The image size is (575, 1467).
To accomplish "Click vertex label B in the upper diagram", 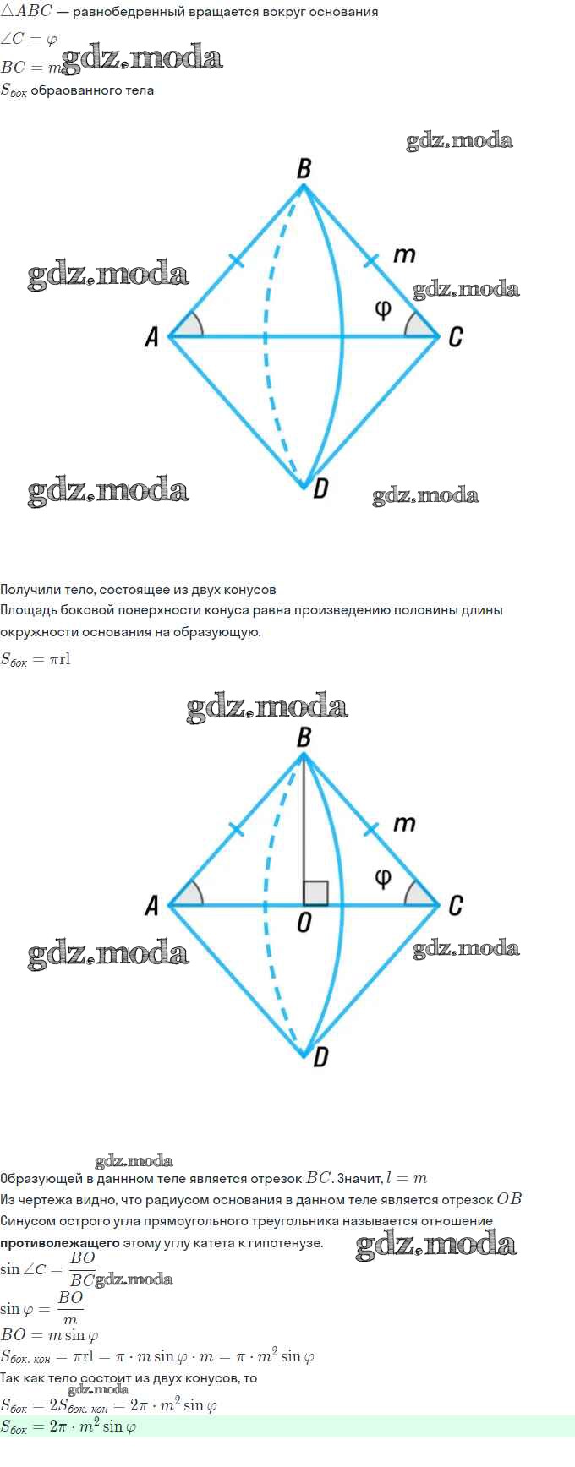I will (304, 169).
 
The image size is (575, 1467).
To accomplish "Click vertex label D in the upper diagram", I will (320, 488).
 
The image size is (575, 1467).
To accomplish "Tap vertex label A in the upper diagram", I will (152, 337).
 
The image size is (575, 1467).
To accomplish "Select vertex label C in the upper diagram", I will (455, 337).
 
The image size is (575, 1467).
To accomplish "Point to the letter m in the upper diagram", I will (405, 254).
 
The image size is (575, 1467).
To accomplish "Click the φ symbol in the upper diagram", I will (383, 309).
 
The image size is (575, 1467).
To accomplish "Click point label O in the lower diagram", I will (304, 924).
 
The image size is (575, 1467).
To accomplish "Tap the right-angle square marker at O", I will (315, 893).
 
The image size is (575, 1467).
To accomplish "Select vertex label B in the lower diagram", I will (304, 738).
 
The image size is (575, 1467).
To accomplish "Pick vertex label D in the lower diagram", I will (320, 1056).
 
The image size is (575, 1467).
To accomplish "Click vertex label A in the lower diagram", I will (152, 906).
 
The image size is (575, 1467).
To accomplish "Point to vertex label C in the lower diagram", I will (455, 906).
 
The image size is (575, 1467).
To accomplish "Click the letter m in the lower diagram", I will (405, 823).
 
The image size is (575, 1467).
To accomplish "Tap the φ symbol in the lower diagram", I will (383, 878).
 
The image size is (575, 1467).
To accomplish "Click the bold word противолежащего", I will (59, 1243).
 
